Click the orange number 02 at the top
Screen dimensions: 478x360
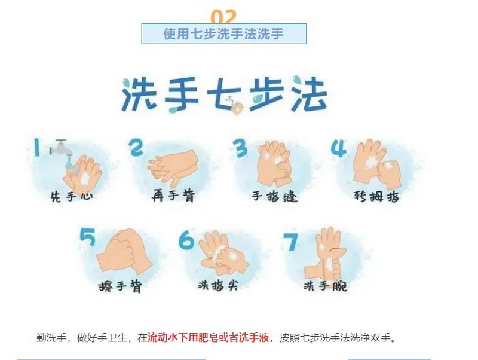[x=223, y=17]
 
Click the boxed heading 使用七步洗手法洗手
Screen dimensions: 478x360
[x=223, y=33]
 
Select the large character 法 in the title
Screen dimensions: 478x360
[x=309, y=93]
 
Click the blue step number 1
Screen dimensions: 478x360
[x=37, y=147]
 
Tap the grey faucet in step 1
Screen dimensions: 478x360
[x=62, y=148]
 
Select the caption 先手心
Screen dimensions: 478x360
[x=72, y=196]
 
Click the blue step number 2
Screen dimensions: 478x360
[x=136, y=147]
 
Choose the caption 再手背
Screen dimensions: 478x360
[x=173, y=196]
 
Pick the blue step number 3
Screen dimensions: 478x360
[x=241, y=148]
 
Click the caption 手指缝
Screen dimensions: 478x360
[x=274, y=196]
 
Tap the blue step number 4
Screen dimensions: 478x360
[x=339, y=148]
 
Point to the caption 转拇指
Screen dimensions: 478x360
[x=376, y=196]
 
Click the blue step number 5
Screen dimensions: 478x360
[x=88, y=237]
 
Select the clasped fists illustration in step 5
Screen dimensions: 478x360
[x=124, y=251]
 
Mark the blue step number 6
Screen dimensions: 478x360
[x=186, y=240]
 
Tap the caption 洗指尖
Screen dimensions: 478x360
[x=217, y=285]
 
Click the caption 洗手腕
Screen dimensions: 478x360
[x=325, y=286]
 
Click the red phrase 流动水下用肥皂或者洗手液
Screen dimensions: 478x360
[x=209, y=338]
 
